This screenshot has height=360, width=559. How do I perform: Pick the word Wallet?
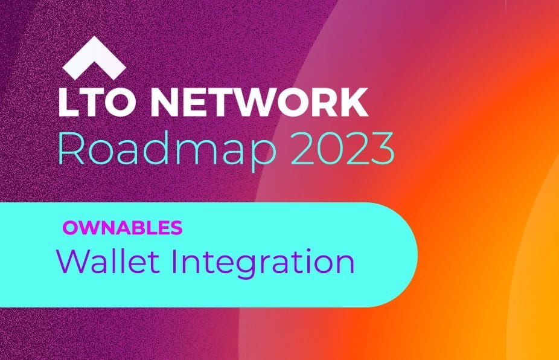tap(108, 261)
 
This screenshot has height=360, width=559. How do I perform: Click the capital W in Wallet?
tap(72, 261)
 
